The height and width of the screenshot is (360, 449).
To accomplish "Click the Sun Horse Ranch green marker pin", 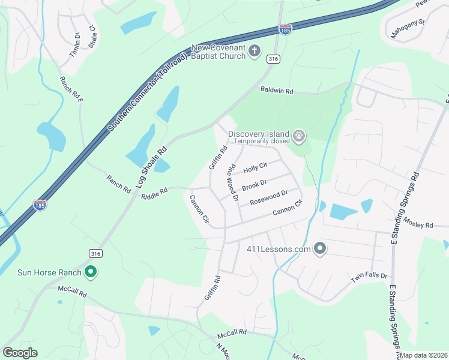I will tap(91, 272).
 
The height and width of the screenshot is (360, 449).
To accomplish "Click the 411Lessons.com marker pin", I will tap(320, 248).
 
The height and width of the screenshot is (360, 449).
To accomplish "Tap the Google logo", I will tap(20, 353).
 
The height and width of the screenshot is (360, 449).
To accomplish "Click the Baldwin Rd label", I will tap(277, 91).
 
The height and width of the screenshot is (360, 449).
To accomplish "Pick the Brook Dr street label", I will tap(254, 185).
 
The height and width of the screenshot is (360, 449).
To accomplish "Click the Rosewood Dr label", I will tap(268, 197).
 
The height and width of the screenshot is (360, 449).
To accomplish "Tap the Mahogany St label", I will tap(408, 29).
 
